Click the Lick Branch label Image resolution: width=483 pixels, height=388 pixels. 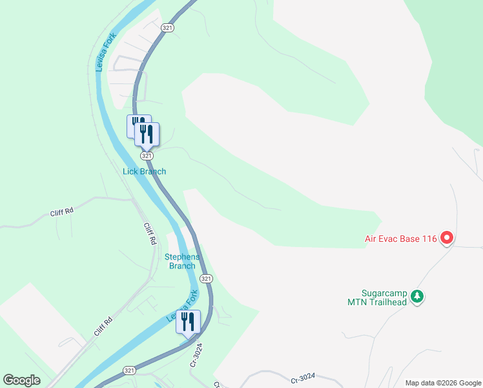click(145, 171)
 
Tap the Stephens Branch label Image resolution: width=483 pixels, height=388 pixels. click(182, 261)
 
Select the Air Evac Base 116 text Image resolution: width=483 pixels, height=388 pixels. click(400, 239)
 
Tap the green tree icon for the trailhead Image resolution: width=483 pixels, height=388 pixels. click(418, 296)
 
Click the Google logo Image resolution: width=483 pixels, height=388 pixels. click(21, 380)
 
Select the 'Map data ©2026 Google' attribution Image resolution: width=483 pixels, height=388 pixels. click(443, 383)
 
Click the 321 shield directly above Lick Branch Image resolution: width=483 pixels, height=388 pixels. click(147, 156)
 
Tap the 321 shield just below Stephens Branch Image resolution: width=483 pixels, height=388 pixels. click(205, 278)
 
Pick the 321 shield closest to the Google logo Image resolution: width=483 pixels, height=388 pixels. click(129, 370)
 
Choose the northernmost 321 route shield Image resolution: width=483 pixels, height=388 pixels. click(167, 28)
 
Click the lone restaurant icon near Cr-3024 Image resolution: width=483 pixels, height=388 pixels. click(189, 322)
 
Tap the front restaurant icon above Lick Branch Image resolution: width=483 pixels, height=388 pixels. click(147, 134)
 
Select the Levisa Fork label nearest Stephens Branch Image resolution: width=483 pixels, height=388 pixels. click(183, 307)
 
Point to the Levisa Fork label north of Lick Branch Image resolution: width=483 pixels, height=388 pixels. click(103, 52)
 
